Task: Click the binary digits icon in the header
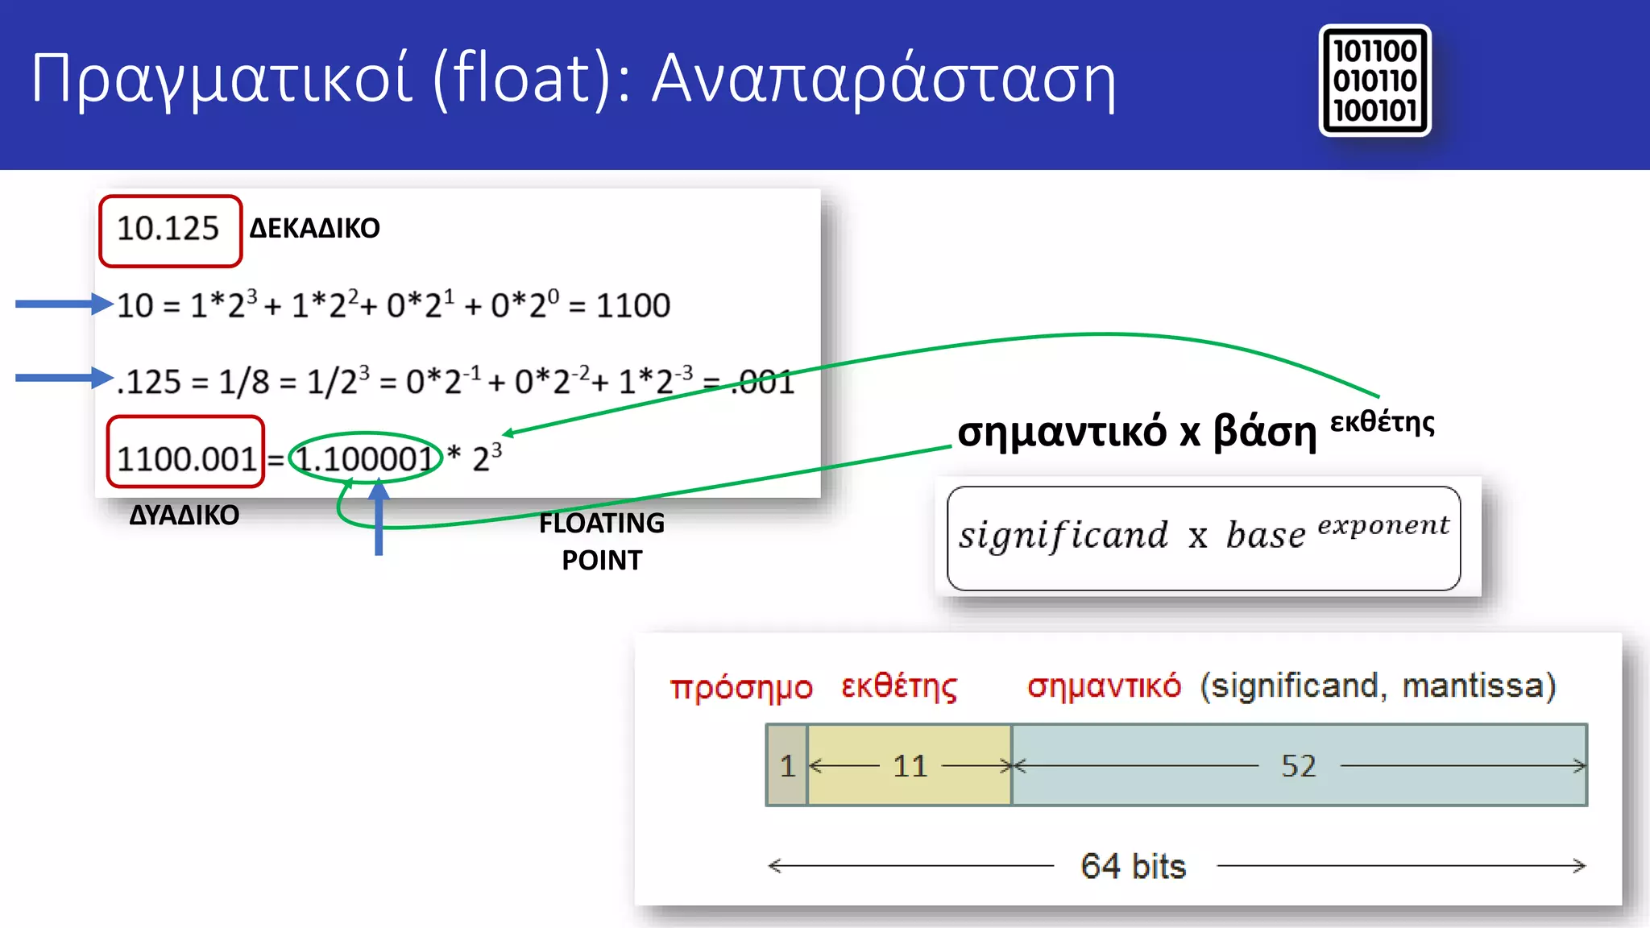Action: pos(1374,81)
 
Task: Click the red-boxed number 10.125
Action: pos(169,230)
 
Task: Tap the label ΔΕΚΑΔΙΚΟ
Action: pos(314,229)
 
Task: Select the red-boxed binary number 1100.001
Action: pos(186,458)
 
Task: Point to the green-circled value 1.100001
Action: pos(365,458)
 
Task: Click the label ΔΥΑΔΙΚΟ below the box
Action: pos(184,516)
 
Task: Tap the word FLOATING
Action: pos(602,524)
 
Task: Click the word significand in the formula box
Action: pos(1063,536)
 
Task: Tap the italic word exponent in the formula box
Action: pos(1383,526)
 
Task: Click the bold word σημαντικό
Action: pos(1062,433)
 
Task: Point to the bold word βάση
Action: pos(1265,433)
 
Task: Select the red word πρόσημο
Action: pos(741,687)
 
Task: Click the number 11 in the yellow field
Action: pos(910,765)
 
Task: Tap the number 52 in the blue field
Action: pos(1299,765)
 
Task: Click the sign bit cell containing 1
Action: pos(787,765)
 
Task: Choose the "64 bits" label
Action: pos(1134,867)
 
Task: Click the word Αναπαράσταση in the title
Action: pos(884,79)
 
